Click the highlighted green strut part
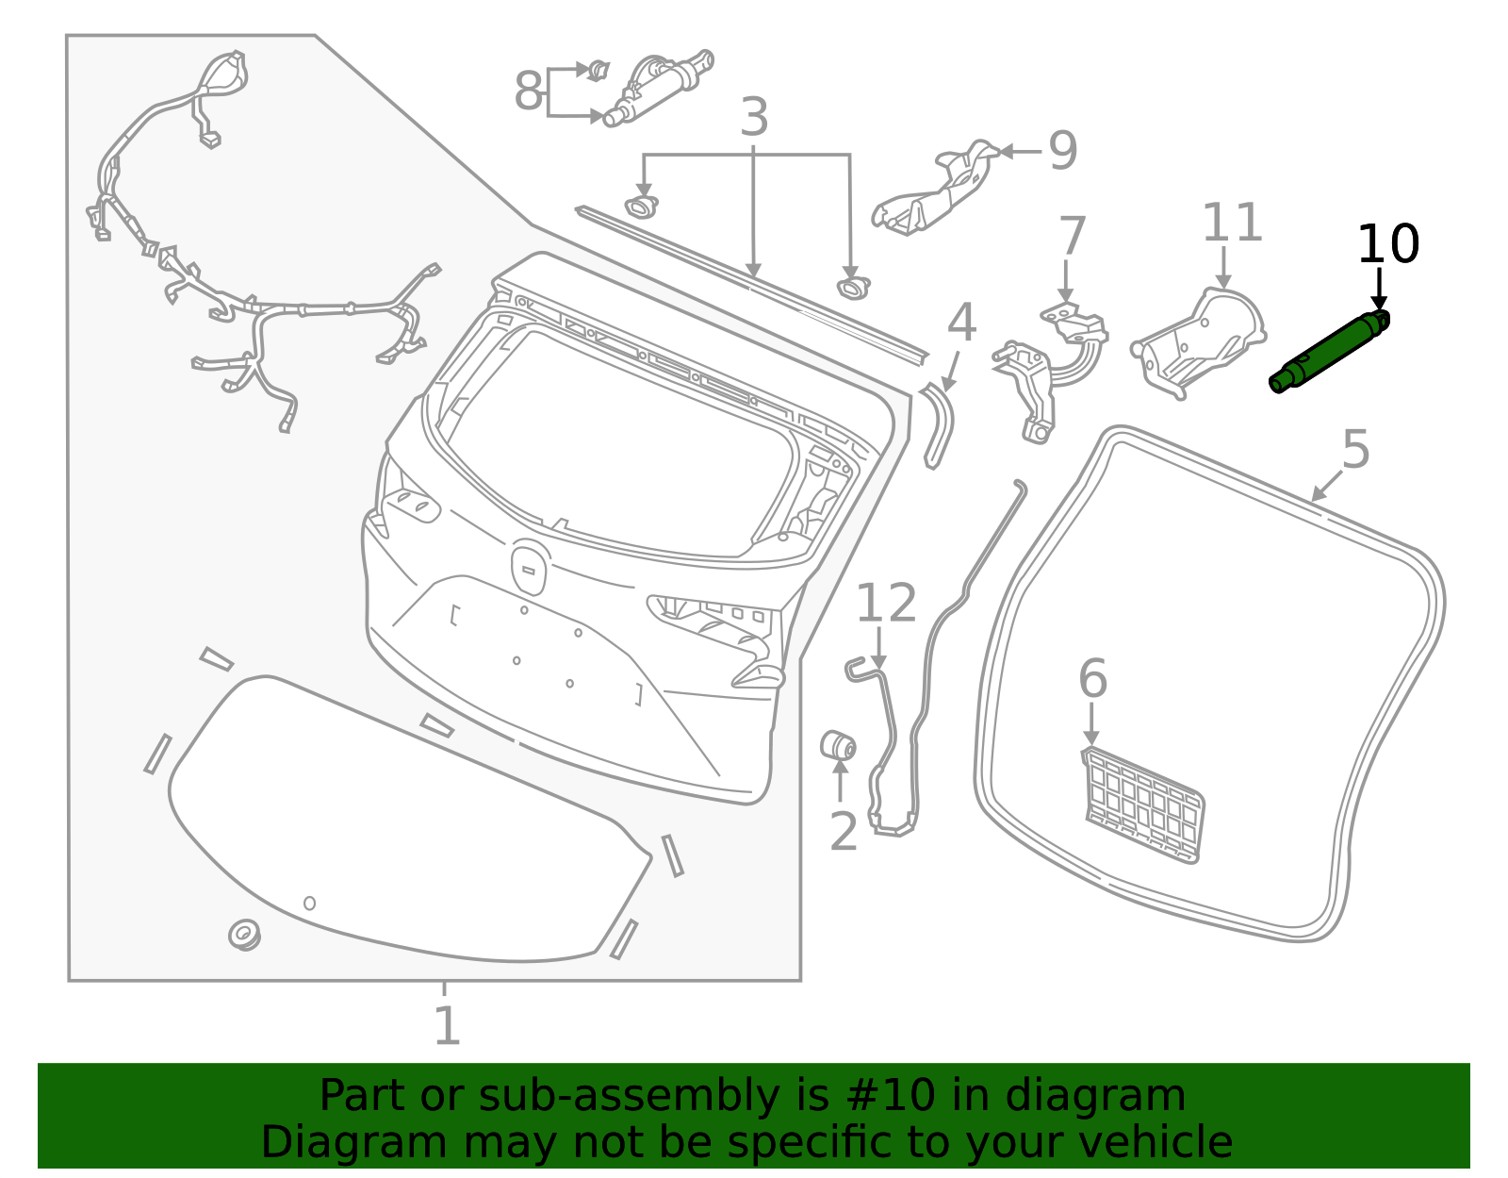1329,351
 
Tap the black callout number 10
1386,245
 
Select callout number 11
1231,224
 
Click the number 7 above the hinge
1072,236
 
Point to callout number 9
1063,151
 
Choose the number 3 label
754,119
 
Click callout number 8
529,92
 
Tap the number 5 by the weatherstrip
1355,449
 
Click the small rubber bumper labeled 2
837,745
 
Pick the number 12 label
885,604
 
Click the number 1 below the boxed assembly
447,1026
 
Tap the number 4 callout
960,324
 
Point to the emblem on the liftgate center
529,568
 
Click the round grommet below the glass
244,935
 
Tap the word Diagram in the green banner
315,1143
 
